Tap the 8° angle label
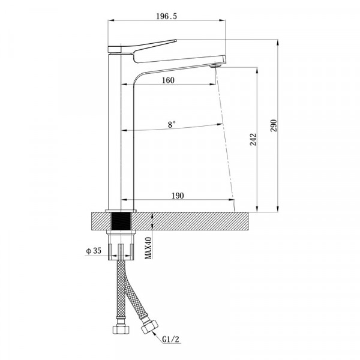pyautogui.click(x=172, y=124)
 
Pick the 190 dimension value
pyautogui.click(x=177, y=195)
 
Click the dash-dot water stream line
pyautogui.click(x=225, y=138)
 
